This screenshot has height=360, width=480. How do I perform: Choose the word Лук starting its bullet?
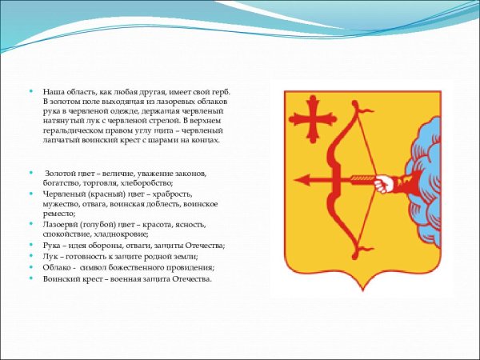(x=50, y=256)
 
